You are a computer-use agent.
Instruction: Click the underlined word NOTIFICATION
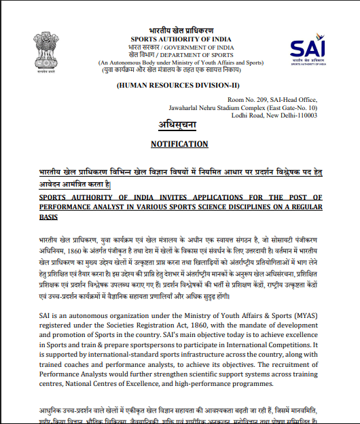[179, 144]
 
